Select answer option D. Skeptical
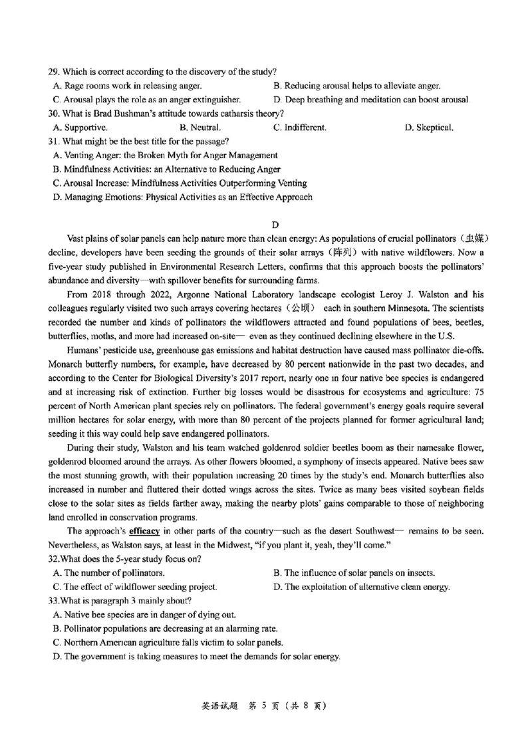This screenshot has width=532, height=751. coord(430,127)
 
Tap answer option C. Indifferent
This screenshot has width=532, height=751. coord(299,127)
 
